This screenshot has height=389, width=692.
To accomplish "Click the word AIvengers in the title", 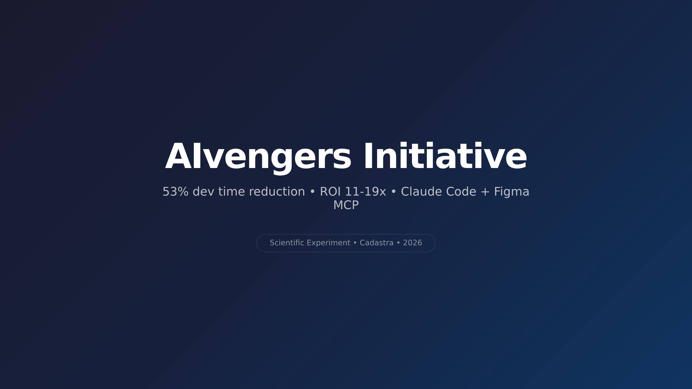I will (x=258, y=157).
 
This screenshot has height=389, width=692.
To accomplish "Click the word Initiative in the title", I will (x=445, y=157).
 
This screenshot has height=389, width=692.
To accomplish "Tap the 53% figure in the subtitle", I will (x=175, y=192).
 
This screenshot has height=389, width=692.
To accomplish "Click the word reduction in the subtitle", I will (x=277, y=192).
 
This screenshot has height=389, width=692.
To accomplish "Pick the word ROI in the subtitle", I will (x=330, y=192).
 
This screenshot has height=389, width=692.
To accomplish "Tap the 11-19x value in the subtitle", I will (x=365, y=192).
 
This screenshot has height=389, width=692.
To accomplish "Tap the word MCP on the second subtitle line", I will (x=346, y=205).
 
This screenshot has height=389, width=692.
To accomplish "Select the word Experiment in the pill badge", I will (x=328, y=243).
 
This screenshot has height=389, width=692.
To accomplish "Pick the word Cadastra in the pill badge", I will (x=377, y=243).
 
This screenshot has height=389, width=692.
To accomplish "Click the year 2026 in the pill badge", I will (x=412, y=243).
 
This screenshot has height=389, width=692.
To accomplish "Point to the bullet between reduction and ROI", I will (x=312, y=192).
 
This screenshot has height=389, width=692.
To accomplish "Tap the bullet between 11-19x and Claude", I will (x=394, y=192).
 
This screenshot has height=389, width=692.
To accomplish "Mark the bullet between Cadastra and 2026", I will (x=398, y=243).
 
